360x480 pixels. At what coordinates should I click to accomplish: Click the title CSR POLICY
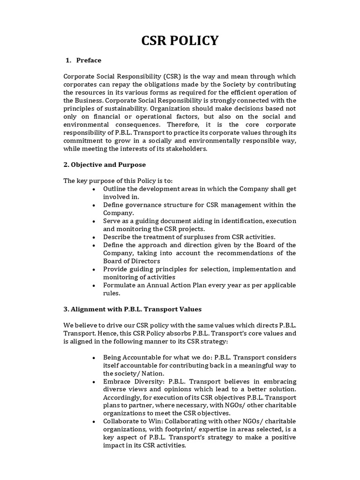point(180,41)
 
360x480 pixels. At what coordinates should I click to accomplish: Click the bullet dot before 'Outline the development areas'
point(94,189)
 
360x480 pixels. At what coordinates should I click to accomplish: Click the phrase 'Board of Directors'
point(132,261)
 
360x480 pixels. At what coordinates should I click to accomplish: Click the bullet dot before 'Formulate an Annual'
point(94,285)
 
